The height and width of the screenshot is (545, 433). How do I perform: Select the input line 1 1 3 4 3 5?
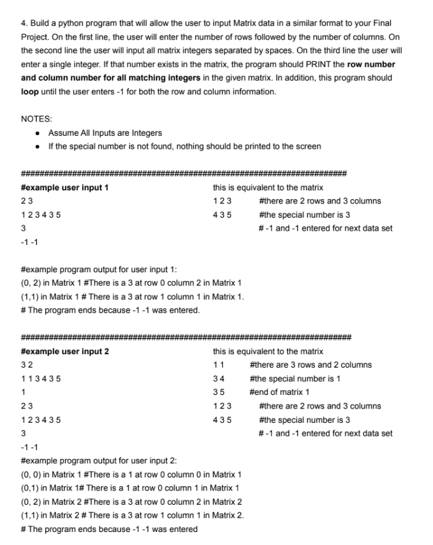40,379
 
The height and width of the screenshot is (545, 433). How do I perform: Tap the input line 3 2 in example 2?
26,365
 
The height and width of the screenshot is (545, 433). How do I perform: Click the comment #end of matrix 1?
279,392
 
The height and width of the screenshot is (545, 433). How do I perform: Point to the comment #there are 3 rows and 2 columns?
310,365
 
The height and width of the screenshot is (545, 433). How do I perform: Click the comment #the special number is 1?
295,379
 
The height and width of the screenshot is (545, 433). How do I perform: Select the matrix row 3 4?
218,379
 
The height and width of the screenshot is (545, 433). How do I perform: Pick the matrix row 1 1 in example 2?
217,365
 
